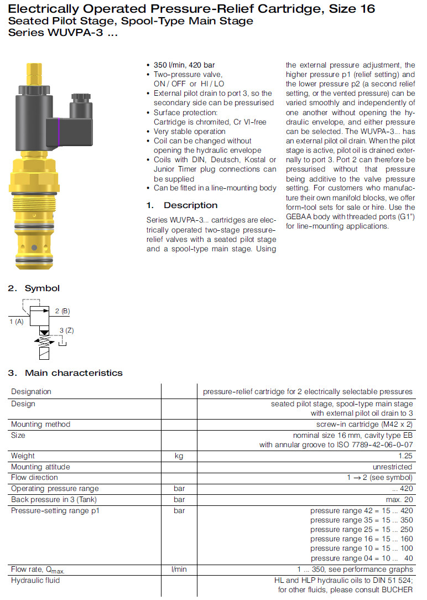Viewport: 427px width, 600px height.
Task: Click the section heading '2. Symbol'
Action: point(34,288)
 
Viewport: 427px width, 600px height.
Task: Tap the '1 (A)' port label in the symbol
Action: point(17,321)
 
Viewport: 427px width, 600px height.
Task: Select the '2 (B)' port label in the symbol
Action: point(63,311)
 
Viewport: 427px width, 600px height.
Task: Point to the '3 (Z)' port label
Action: point(66,330)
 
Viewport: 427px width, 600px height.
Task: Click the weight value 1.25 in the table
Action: point(404,456)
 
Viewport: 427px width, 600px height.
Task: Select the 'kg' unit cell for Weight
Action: point(179,456)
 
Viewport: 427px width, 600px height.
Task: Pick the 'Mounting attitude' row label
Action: point(40,467)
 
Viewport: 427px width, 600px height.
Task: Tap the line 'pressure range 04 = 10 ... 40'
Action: point(361,558)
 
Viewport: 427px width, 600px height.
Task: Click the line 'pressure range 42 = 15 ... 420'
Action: point(361,510)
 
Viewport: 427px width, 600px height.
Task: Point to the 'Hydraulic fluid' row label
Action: point(35,581)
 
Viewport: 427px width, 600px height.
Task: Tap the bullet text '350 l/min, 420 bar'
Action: point(184,65)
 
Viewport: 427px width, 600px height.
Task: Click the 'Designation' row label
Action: point(31,392)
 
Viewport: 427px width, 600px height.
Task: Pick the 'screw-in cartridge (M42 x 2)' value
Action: point(364,425)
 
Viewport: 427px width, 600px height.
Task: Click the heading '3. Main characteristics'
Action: point(65,373)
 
